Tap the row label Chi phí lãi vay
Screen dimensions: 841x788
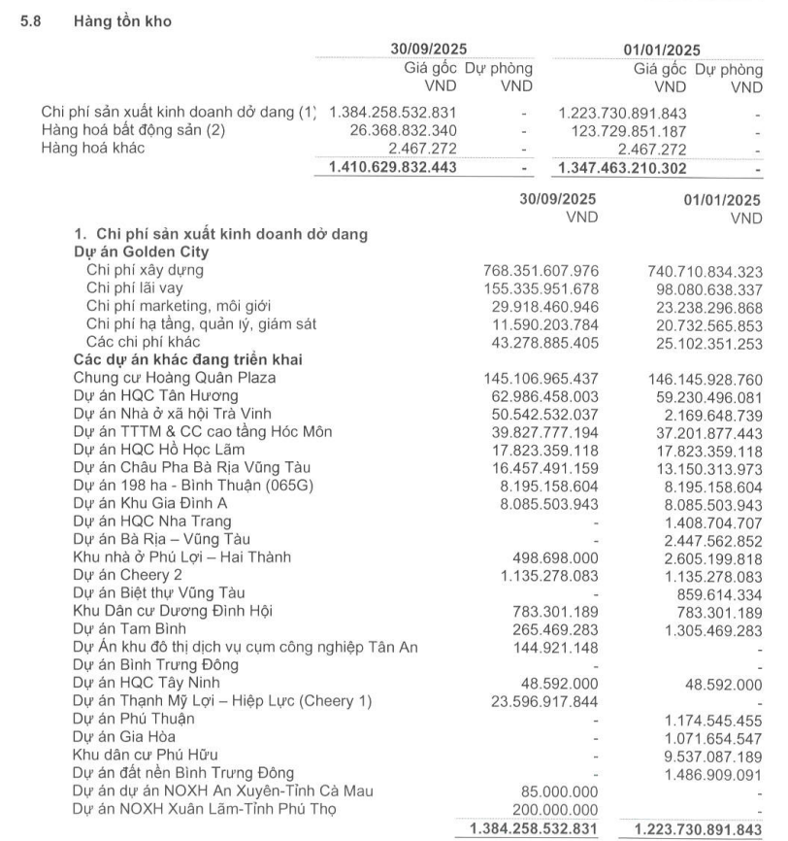[x=134, y=287]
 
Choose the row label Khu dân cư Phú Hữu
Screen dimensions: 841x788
[x=145, y=754]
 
